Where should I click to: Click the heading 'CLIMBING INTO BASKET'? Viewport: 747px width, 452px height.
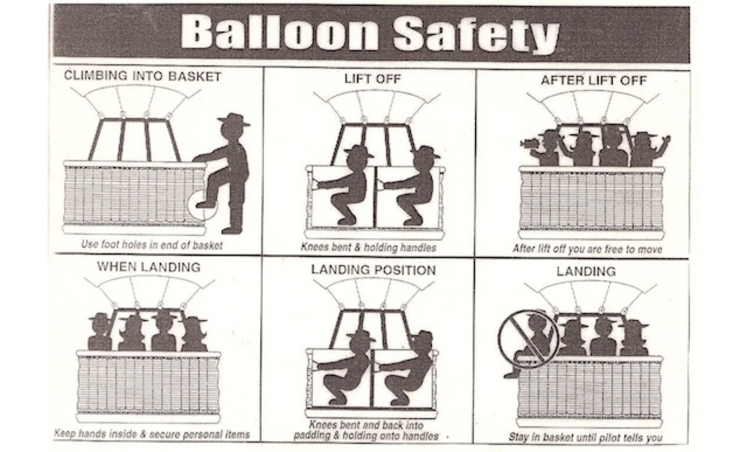coord(142,77)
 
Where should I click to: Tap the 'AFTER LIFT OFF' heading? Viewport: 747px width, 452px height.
coord(593,80)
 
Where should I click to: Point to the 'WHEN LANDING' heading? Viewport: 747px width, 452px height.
coord(148,267)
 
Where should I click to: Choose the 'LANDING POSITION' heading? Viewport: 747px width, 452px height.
coord(373,270)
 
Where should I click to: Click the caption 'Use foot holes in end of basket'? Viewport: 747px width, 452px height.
coord(152,245)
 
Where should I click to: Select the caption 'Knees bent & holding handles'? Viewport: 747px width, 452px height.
coord(368,247)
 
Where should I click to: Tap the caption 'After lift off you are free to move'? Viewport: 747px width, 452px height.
coord(588,249)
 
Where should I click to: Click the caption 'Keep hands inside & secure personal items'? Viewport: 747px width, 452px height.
coord(152,434)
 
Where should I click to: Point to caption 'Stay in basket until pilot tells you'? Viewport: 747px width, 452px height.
coord(585,437)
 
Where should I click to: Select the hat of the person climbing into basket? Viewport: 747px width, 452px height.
coord(233,120)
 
